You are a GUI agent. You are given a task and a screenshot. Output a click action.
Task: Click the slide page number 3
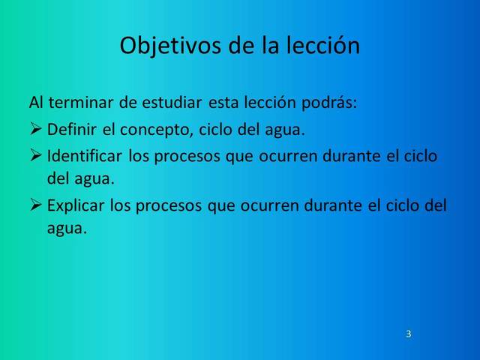pos(408,333)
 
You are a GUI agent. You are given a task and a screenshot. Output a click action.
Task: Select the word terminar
pos(80,102)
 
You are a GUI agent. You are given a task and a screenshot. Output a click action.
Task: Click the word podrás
pos(331,102)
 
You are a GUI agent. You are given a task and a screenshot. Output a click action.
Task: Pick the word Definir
pos(73,129)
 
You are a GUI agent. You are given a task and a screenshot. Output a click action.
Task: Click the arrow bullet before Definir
pos(36,129)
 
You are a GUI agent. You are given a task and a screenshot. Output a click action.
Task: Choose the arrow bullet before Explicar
pos(36,205)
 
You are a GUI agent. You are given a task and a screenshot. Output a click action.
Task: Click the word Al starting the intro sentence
pos(35,102)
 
